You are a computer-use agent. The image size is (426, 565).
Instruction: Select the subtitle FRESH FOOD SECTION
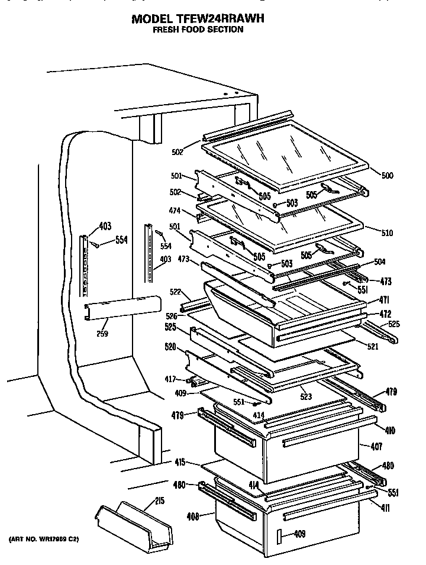point(198,30)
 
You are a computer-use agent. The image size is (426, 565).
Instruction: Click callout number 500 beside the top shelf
point(386,176)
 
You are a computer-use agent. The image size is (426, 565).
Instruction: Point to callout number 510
point(386,233)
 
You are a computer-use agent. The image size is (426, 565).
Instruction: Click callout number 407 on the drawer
point(376,445)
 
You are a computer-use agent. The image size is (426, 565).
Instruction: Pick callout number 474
point(174,210)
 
